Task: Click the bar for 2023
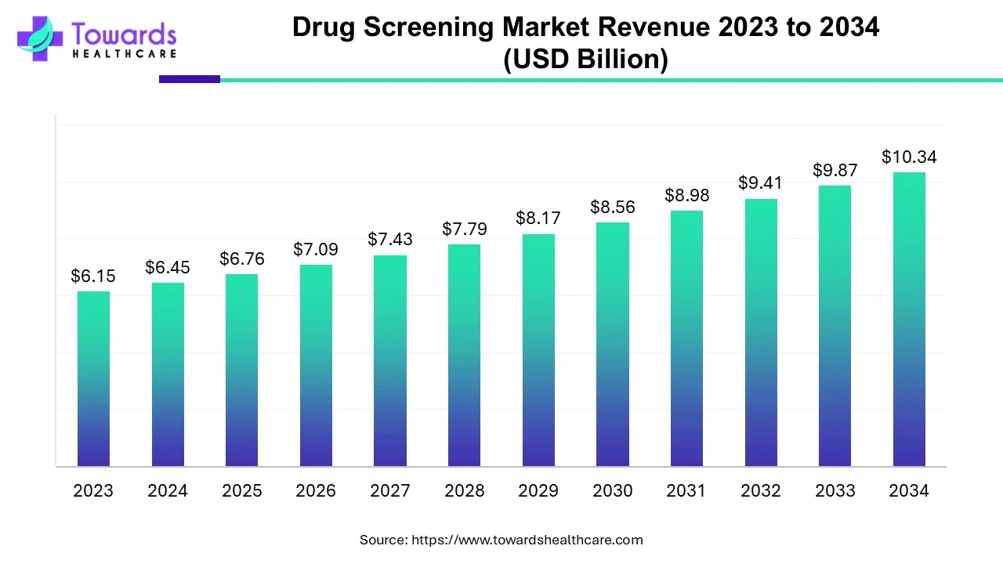tap(93, 379)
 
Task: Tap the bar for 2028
tap(464, 356)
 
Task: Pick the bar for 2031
tap(686, 338)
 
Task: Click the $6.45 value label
tap(167, 268)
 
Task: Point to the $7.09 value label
tap(315, 249)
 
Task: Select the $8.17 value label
tap(538, 219)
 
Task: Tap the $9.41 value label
tap(760, 183)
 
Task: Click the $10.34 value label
tap(909, 157)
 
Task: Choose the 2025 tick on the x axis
tap(241, 491)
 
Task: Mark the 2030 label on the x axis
tap(612, 491)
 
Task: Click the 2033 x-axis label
tap(835, 491)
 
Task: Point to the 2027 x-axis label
tap(389, 491)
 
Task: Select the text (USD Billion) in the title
tap(585, 60)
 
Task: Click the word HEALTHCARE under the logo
tap(124, 54)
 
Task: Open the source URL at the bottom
tap(527, 540)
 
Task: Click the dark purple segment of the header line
tap(189, 79)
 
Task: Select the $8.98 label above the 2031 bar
tap(686, 195)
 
